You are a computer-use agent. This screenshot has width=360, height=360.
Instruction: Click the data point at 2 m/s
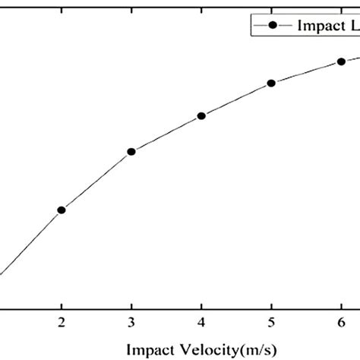tap(62, 210)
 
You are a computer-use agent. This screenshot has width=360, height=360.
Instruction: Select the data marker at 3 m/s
tap(131, 151)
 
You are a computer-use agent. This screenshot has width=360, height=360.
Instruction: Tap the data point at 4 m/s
tap(201, 116)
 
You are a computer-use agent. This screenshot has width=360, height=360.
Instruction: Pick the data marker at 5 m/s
tap(271, 83)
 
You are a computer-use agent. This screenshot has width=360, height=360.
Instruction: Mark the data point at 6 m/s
tap(341, 61)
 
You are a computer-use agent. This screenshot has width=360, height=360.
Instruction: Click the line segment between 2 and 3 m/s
tap(96, 181)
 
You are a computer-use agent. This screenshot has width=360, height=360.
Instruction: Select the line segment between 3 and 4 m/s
tap(166, 134)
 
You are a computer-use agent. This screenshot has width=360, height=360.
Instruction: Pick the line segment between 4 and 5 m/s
tap(236, 99)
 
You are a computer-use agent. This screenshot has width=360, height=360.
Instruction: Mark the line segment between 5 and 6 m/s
tap(306, 71)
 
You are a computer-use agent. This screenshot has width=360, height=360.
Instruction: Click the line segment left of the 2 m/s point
tap(30, 243)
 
